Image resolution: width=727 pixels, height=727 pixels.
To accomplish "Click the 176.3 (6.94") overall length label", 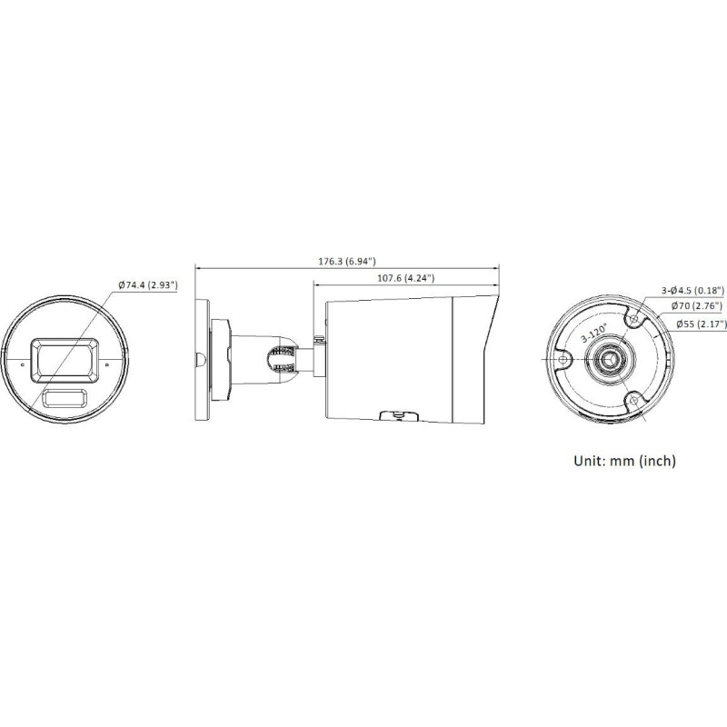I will [347, 261].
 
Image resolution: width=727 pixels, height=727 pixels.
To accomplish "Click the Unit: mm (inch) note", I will [623, 461].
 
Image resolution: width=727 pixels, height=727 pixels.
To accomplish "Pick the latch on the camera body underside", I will [393, 417].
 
